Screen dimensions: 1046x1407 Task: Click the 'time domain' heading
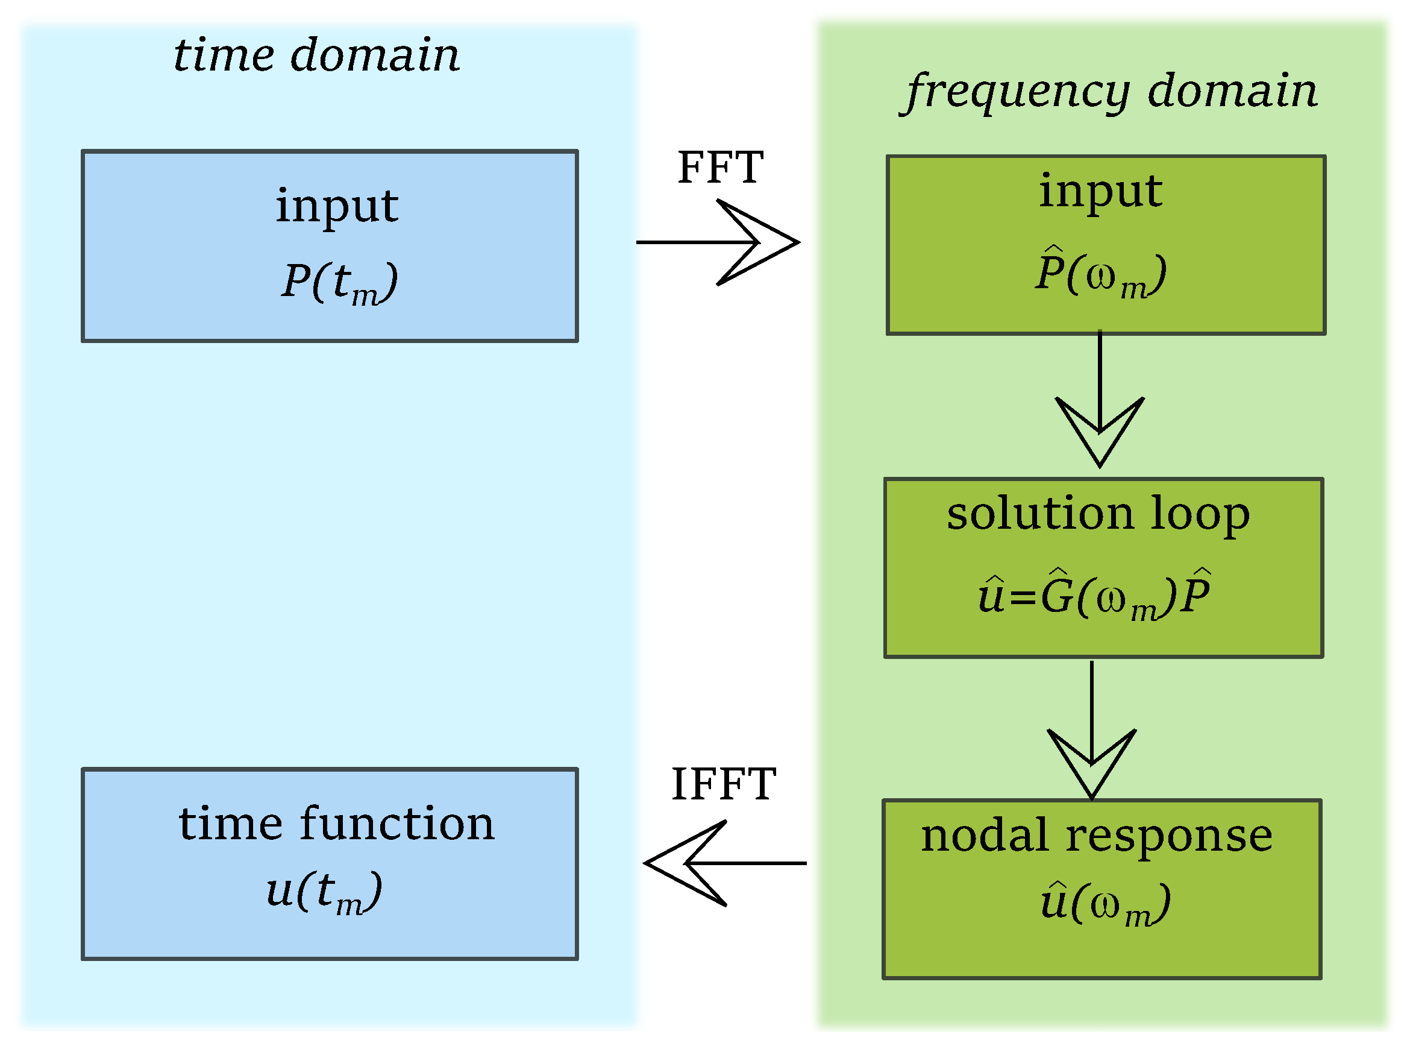coord(316,55)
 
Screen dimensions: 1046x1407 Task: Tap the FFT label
coord(720,168)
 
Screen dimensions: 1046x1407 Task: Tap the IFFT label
coord(723,784)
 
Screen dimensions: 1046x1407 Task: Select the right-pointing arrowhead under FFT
coord(759,242)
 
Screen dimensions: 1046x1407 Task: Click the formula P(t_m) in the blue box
coord(339,282)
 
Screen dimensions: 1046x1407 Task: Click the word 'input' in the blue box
coord(337,206)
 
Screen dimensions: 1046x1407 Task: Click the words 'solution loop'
coord(1098,514)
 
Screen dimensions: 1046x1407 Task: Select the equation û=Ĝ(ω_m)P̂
coord(1094,595)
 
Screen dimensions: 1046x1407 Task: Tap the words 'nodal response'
coord(1096,836)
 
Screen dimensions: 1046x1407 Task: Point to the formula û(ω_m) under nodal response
coord(1105,903)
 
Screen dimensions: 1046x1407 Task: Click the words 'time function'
coord(336,824)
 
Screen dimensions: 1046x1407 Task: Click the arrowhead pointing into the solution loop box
coord(1100,433)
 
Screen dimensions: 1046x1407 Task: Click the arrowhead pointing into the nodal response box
coord(1092,765)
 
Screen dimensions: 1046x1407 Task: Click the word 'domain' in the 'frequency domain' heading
coord(1232,90)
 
